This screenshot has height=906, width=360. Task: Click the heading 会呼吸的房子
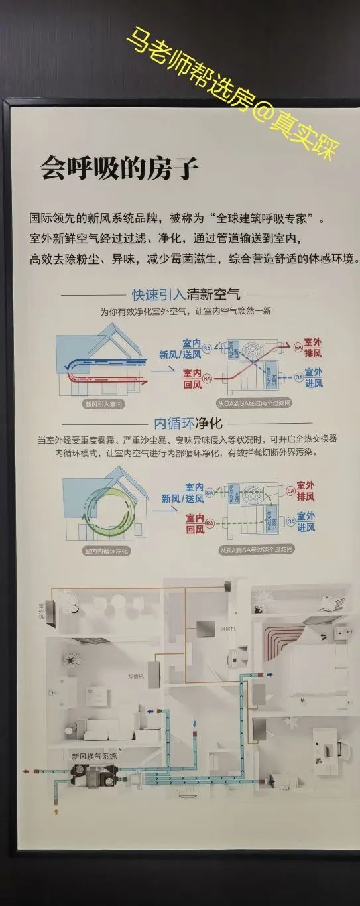(119, 169)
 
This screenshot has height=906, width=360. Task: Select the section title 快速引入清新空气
(186, 294)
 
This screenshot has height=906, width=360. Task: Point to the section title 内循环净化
(188, 422)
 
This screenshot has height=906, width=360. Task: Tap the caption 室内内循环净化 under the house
(107, 550)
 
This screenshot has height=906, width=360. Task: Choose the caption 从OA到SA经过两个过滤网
(253, 403)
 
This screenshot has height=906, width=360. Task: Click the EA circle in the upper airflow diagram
(298, 347)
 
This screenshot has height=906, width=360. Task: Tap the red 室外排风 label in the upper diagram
(312, 348)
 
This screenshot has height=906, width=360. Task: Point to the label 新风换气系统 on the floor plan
(93, 755)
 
